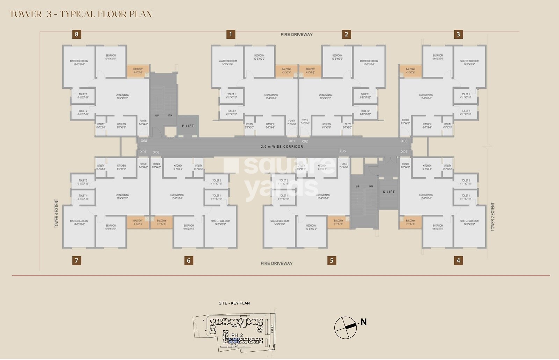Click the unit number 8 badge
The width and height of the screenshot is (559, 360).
click(x=77, y=34)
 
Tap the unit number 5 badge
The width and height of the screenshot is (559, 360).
click(x=332, y=260)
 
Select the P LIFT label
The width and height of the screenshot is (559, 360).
click(x=188, y=126)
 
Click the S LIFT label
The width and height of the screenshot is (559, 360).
click(x=389, y=192)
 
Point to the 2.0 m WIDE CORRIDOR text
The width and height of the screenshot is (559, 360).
click(x=282, y=147)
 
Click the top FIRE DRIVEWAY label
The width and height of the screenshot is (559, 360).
click(x=296, y=35)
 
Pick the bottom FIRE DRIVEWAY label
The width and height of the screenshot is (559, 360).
click(x=276, y=264)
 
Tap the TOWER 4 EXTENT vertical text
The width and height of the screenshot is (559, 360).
click(x=57, y=214)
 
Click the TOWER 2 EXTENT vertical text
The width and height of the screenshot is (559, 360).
click(x=493, y=216)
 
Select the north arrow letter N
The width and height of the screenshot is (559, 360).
click(x=364, y=322)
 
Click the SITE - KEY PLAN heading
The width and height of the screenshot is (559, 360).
click(x=234, y=303)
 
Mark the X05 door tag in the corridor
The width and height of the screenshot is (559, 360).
click(x=342, y=151)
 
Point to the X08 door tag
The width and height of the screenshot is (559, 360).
click(x=144, y=141)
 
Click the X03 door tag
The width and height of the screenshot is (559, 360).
click(x=404, y=141)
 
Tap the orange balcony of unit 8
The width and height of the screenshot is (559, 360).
click(x=138, y=71)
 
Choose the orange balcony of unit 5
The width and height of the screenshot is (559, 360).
click(x=338, y=222)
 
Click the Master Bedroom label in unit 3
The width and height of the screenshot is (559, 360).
click(x=469, y=63)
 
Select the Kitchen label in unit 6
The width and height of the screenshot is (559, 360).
click(x=178, y=167)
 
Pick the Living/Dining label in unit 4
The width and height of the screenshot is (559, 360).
click(x=426, y=197)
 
